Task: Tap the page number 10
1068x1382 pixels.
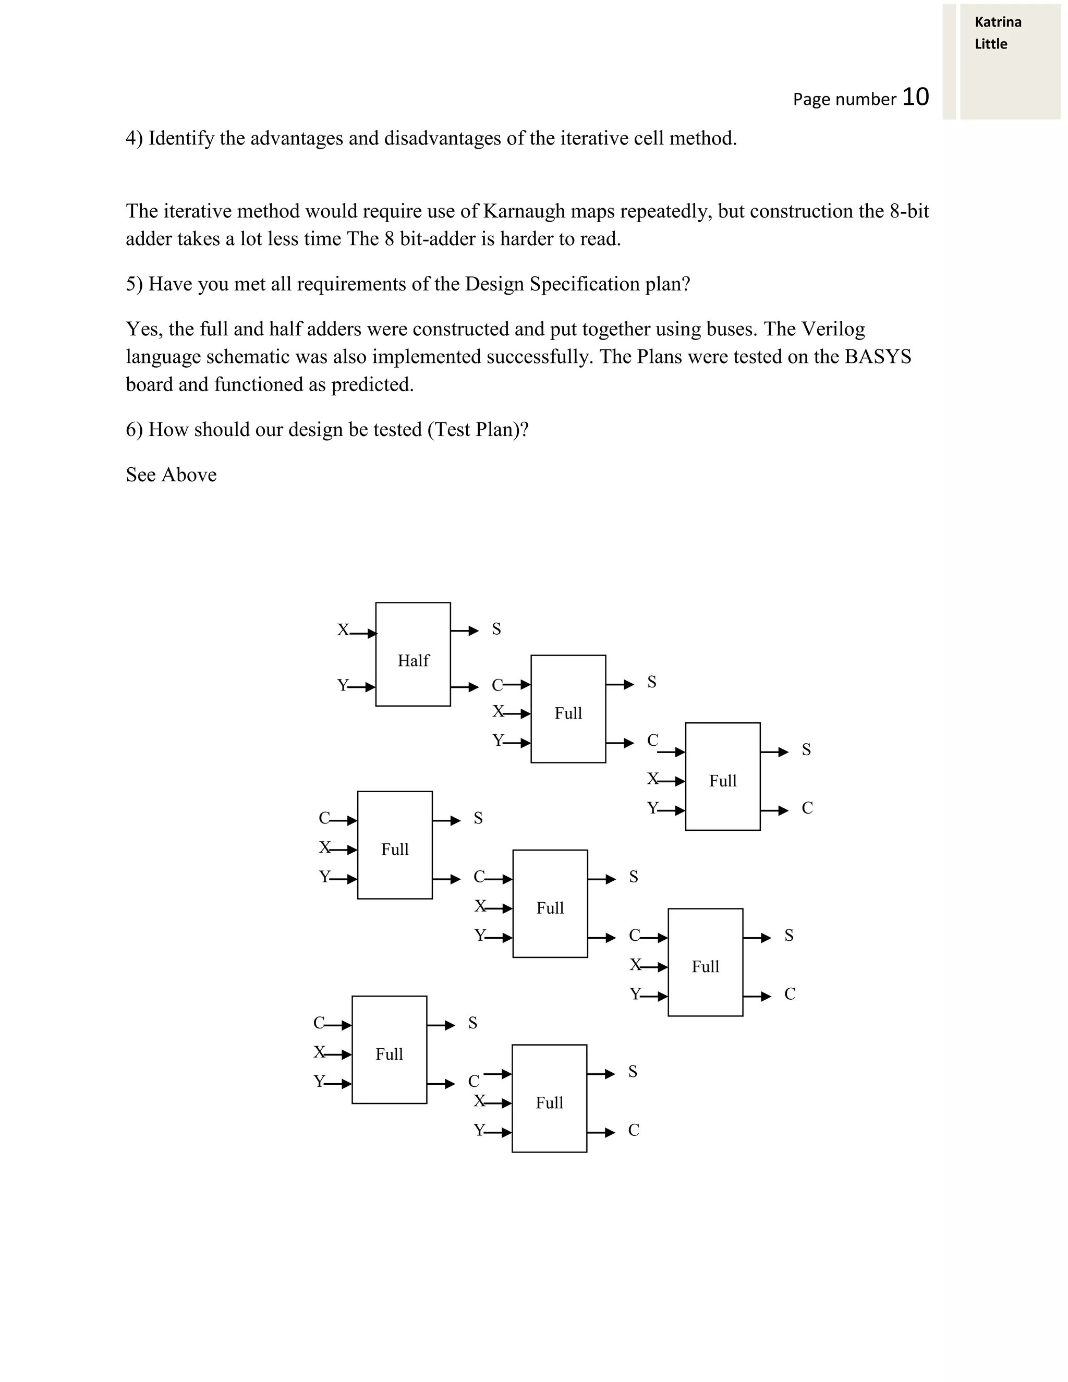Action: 915,97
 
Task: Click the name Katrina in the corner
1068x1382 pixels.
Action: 998,22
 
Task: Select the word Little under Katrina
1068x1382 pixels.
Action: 990,44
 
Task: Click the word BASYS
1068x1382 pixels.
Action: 878,357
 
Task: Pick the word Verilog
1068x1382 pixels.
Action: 833,329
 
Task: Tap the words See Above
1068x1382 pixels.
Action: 171,475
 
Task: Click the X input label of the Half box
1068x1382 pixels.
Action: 342,629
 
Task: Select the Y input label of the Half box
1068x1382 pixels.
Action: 342,685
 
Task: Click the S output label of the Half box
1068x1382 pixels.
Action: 496,629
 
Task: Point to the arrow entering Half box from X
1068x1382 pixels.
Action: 363,633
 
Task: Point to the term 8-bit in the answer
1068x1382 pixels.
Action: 908,211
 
